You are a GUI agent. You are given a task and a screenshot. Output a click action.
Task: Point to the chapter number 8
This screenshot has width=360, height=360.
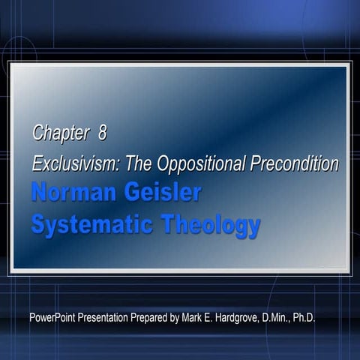click(102, 134)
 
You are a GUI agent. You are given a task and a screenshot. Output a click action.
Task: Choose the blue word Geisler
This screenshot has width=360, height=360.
click(163, 193)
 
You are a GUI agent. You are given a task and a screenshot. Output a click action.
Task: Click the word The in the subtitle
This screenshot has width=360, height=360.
click(139, 163)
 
